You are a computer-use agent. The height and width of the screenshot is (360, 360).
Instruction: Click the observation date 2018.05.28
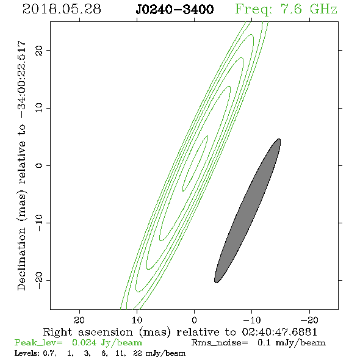(x=62, y=9)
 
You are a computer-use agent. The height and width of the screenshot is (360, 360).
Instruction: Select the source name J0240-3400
(x=175, y=10)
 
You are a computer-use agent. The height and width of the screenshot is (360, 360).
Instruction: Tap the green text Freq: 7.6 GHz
(x=286, y=9)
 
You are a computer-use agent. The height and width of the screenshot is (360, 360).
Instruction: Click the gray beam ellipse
(x=248, y=211)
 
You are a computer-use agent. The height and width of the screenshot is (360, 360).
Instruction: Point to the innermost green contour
(x=195, y=164)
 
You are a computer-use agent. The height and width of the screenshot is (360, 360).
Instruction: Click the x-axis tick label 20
(x=79, y=320)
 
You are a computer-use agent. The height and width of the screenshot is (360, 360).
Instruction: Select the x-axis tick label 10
(x=137, y=320)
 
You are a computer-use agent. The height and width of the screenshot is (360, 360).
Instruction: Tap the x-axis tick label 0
(x=194, y=320)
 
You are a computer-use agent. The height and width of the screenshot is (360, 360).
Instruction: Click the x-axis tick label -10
(x=252, y=320)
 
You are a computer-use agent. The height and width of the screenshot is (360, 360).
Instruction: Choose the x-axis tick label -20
(x=309, y=320)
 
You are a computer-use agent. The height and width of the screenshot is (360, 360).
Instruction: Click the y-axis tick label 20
(x=39, y=50)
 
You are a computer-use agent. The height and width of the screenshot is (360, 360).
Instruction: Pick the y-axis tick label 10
(x=39, y=108)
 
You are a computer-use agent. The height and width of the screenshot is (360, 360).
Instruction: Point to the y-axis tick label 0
(x=39, y=165)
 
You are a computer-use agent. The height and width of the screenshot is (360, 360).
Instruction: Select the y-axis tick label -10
(x=39, y=223)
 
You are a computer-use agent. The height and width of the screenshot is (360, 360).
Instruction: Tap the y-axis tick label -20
(x=39, y=280)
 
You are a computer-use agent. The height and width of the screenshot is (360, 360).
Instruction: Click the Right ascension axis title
(x=180, y=332)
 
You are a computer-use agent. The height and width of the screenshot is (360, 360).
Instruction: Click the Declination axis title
(x=21, y=165)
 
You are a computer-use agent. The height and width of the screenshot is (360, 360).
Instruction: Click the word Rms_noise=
(x=220, y=343)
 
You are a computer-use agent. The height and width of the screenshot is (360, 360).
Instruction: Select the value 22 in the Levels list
(x=137, y=353)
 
